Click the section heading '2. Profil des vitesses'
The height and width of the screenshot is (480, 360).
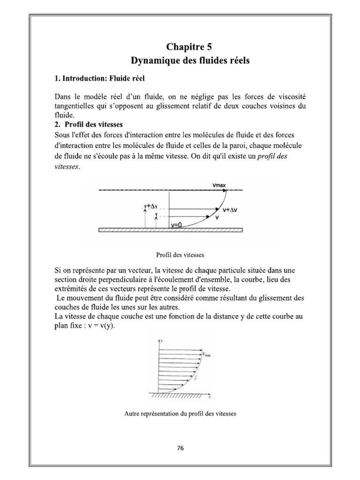click(x=89, y=125)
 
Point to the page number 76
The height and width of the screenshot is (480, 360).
click(x=180, y=448)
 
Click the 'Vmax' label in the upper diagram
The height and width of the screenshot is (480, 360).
click(x=219, y=185)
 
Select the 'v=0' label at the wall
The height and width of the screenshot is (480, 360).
click(x=177, y=225)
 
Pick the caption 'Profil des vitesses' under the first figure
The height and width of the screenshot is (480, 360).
click(x=180, y=255)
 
